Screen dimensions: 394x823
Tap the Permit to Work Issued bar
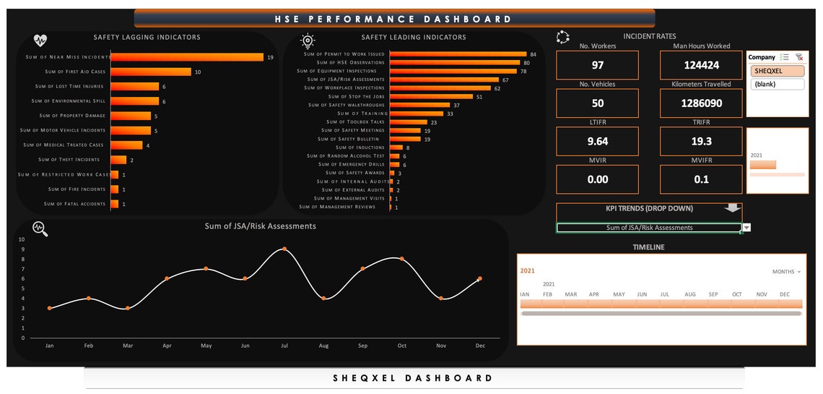pos(458,54)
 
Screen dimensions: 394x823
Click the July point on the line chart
pos(284,249)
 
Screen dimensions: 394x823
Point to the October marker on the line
pos(402,259)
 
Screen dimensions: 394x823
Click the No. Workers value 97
pos(597,65)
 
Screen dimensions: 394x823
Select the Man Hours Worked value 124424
pos(701,65)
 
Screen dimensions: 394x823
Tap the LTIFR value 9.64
pos(597,142)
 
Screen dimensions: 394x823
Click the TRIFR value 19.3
pos(701,142)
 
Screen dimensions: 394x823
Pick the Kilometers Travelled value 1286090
pos(701,103)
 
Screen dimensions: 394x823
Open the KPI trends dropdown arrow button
pos(746,228)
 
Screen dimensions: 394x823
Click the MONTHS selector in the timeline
pos(786,272)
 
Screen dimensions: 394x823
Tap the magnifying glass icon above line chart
pos(40,229)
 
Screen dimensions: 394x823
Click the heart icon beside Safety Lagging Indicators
pos(40,40)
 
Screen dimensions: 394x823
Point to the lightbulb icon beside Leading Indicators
pos(308,40)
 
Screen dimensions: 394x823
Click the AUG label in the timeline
pos(689,294)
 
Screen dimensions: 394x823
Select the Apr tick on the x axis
pos(167,346)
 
